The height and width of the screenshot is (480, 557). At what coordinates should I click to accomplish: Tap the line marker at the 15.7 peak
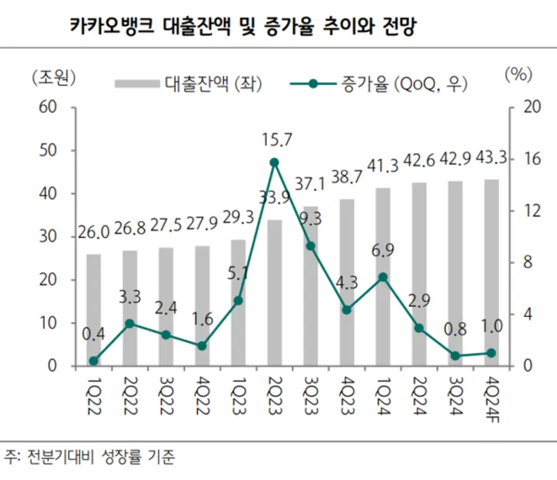pyautogui.click(x=274, y=162)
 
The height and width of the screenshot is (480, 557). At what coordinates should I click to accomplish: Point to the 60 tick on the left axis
pyautogui.click(x=48, y=107)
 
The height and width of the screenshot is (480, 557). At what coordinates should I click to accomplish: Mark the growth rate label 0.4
pyautogui.click(x=94, y=334)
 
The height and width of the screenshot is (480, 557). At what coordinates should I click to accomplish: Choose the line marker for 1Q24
pyautogui.click(x=383, y=277)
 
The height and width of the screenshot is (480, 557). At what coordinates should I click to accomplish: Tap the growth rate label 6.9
pyautogui.click(x=383, y=250)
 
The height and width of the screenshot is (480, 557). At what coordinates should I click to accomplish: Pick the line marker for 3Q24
pyautogui.click(x=455, y=356)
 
